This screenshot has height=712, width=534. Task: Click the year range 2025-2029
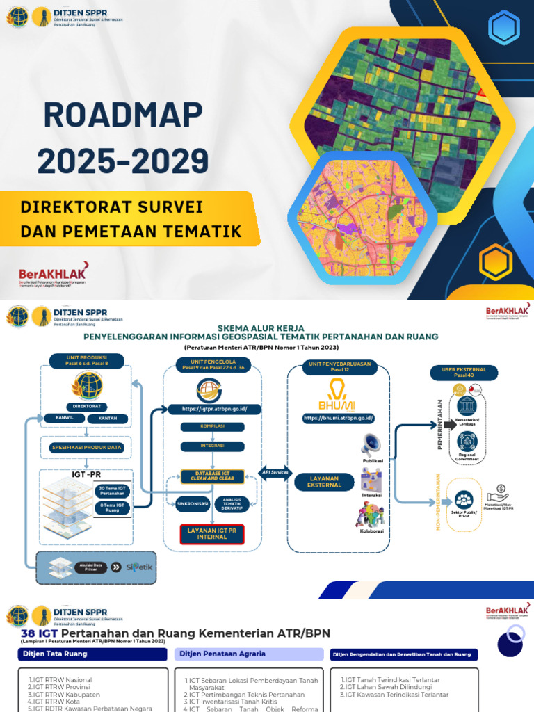pyautogui.click(x=123, y=161)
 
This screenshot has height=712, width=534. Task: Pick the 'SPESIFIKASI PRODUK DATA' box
pyautogui.click(x=86, y=448)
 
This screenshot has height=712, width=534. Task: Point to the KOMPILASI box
pyautogui.click(x=212, y=426)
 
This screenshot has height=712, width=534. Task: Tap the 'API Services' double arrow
pyautogui.click(x=275, y=472)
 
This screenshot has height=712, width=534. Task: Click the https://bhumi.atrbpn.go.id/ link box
pyautogui.click(x=339, y=417)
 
